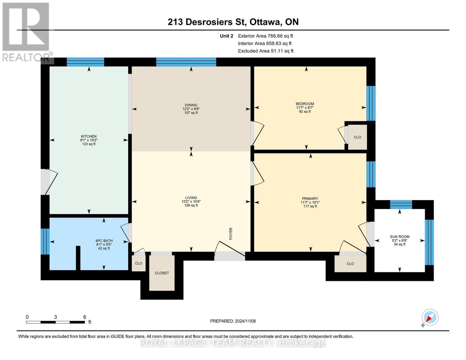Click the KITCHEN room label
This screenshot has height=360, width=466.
pyautogui.click(x=89, y=136)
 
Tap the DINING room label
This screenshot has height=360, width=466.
pyautogui.click(x=191, y=105)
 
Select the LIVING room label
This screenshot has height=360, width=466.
pyautogui.click(x=191, y=198)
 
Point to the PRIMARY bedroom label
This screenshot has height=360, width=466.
pyautogui.click(x=310, y=199)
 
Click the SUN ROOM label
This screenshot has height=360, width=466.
pyautogui.click(x=399, y=237)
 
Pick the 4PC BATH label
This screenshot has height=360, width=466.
pyautogui.click(x=104, y=241)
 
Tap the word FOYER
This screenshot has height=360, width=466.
pyautogui.click(x=231, y=233)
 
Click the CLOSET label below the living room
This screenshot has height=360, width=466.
pyautogui.click(x=162, y=273)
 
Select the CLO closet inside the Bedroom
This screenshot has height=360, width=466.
pyautogui.click(x=357, y=137)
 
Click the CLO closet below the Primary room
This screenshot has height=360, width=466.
pyautogui.click(x=350, y=264)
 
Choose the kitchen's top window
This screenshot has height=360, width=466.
pyautogui.click(x=85, y=62)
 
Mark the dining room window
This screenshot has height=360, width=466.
pyautogui.click(x=186, y=62)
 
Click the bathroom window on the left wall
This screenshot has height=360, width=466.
pyautogui.click(x=45, y=241)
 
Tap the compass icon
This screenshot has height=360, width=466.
pyautogui.click(x=430, y=317)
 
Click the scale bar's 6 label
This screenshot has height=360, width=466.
pyautogui.click(x=85, y=317)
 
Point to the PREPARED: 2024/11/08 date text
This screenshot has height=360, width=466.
pyautogui.click(x=233, y=321)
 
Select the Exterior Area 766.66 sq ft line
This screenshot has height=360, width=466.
pyautogui.click(x=265, y=36)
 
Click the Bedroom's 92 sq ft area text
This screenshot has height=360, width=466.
pyautogui.click(x=305, y=112)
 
